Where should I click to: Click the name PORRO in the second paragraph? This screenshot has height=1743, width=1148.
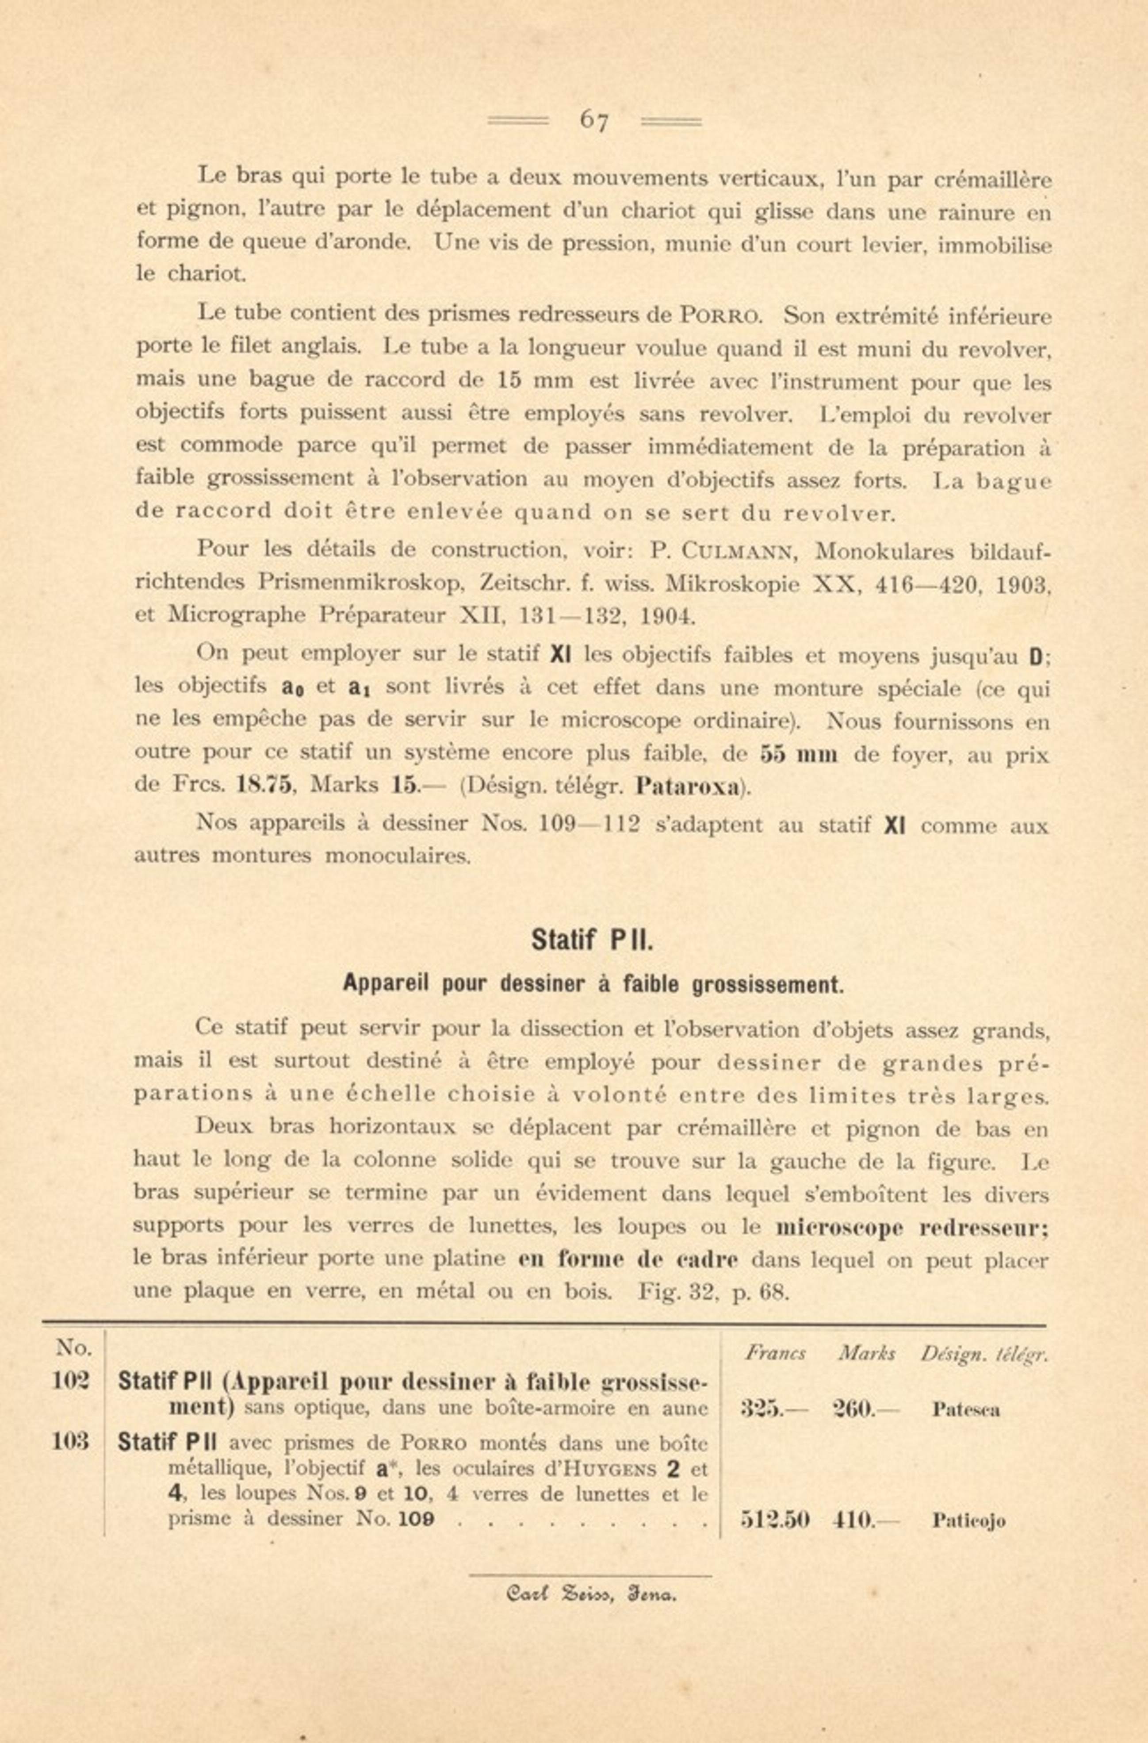click(722, 316)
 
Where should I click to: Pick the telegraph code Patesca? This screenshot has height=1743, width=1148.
click(966, 1410)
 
